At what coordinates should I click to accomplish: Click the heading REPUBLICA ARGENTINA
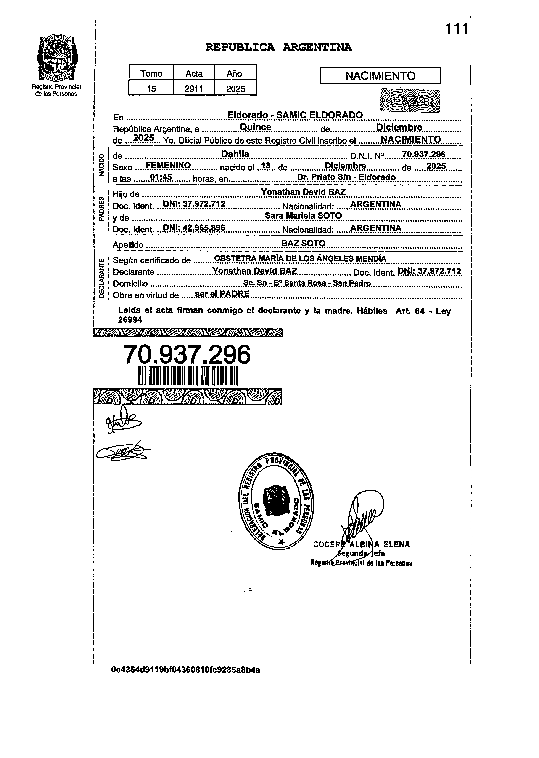click(278, 47)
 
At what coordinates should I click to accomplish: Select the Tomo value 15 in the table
click(151, 88)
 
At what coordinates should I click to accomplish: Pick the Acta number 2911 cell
click(194, 88)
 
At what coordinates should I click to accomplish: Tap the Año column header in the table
click(234, 73)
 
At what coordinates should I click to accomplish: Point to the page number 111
click(456, 29)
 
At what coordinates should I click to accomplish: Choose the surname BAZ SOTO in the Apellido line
click(303, 243)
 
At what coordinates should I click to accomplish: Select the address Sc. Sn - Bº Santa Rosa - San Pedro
click(307, 283)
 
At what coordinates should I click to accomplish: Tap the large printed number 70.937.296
click(187, 354)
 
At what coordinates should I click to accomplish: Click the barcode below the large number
click(188, 376)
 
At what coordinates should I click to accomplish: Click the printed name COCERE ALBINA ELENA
click(361, 544)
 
